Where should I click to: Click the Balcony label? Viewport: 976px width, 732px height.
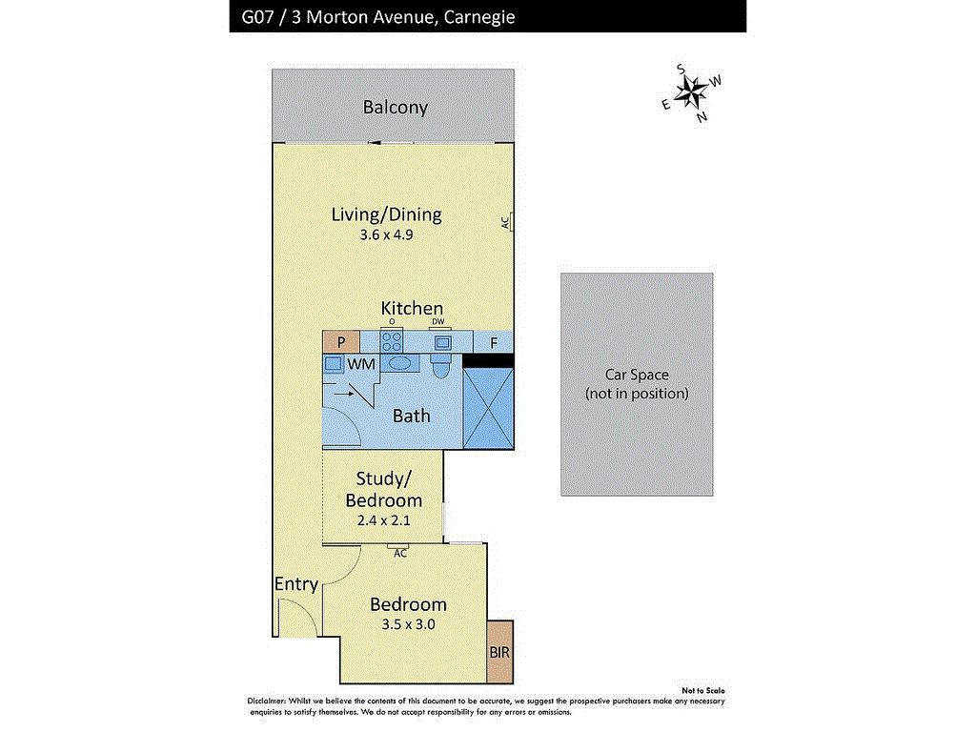click(x=396, y=107)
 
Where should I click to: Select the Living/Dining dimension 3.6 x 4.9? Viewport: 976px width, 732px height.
click(x=386, y=234)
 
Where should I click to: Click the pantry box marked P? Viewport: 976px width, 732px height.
click(x=341, y=342)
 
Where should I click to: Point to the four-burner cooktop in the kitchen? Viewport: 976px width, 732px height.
click(x=392, y=342)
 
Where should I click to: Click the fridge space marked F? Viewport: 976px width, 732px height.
click(x=494, y=342)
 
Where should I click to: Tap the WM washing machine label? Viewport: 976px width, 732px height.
click(x=361, y=363)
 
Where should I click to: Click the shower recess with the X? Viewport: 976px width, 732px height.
click(x=488, y=408)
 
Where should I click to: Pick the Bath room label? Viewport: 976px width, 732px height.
click(x=412, y=416)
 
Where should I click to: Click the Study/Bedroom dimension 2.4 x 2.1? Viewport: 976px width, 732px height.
click(x=383, y=520)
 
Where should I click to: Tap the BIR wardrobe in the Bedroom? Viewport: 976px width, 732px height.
click(x=499, y=652)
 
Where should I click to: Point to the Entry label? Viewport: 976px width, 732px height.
click(x=296, y=584)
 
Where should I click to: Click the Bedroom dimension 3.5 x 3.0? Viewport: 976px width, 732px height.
click(x=408, y=624)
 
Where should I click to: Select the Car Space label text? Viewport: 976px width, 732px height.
click(x=637, y=383)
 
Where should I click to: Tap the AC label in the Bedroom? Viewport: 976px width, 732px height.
click(x=400, y=554)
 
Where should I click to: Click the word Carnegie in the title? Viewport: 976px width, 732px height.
click(x=479, y=17)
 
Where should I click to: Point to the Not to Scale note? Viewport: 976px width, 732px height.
click(x=702, y=690)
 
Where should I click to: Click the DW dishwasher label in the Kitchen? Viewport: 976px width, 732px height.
click(x=438, y=322)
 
